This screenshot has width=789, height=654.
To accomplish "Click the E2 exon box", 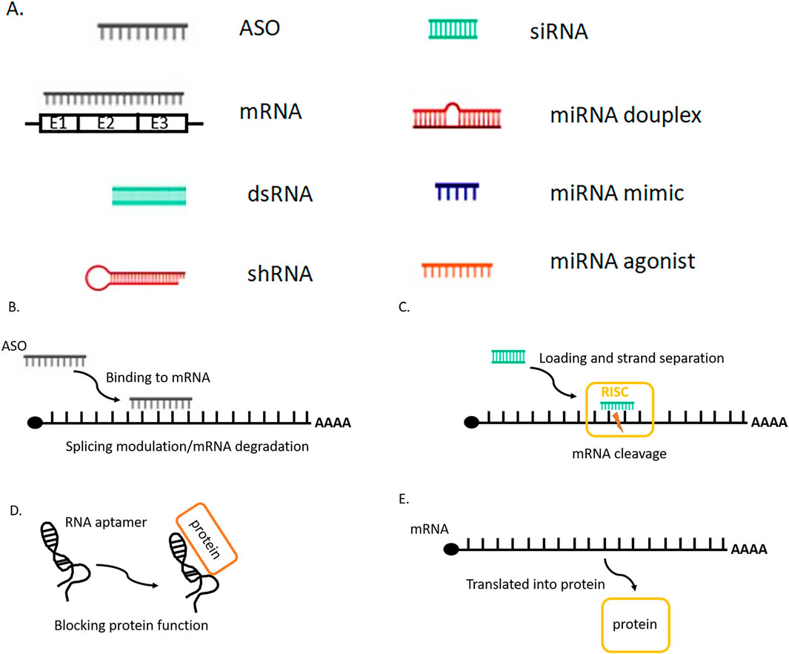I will (107, 123).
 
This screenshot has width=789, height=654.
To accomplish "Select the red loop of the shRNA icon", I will (101, 277).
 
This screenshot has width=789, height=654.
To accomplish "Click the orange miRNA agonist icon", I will (456, 269).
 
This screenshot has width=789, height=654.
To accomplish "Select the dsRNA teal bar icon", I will (149, 195).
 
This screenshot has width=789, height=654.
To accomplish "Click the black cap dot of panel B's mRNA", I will (36, 423).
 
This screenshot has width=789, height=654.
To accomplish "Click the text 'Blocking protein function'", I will (131, 625).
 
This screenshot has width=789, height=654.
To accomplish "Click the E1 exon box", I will (59, 123).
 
